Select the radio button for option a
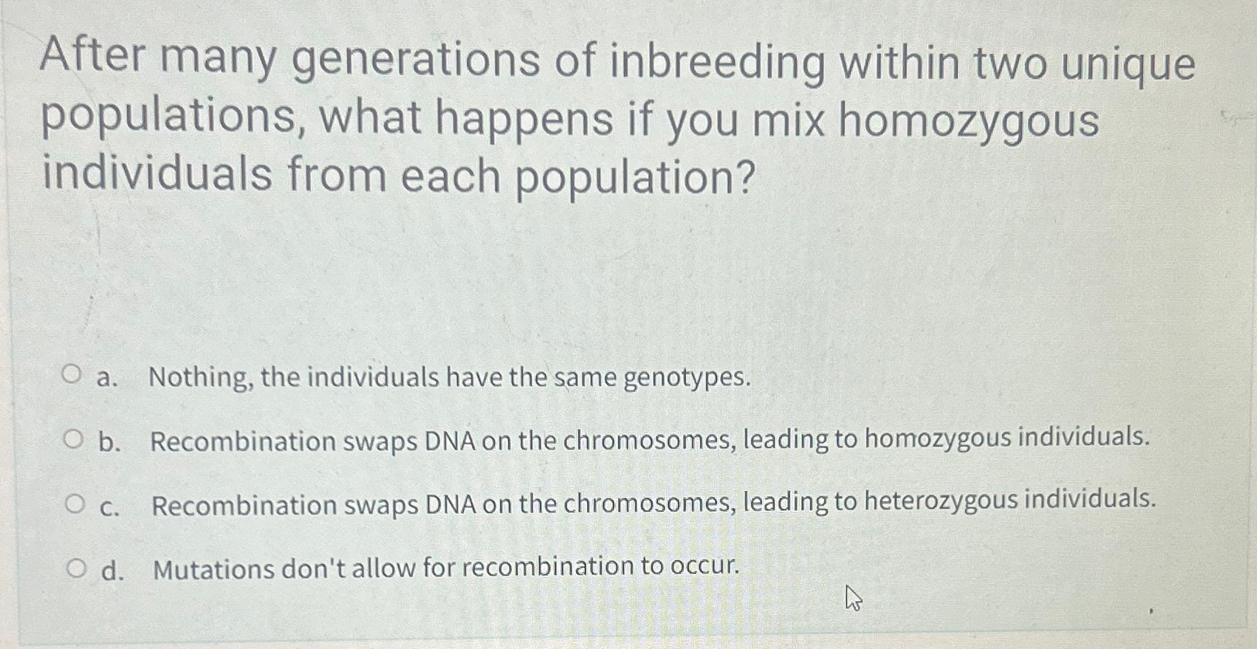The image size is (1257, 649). (72, 376)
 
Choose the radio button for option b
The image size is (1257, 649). (73, 440)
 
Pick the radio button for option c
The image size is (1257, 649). (74, 505)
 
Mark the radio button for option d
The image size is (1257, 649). (76, 570)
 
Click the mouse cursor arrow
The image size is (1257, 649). (853, 598)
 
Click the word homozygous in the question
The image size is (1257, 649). (968, 121)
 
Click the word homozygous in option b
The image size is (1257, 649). (936, 438)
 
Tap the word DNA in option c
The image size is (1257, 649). (451, 505)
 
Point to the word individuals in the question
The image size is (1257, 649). (156, 173)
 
